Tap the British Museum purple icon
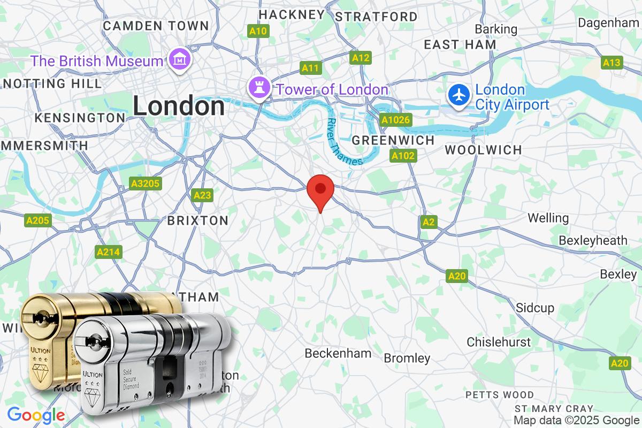click(177, 60)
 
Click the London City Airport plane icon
click(460, 96)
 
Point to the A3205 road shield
click(145, 184)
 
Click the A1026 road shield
click(395, 120)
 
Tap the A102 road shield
click(403, 156)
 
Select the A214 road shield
click(108, 251)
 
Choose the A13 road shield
click(612, 63)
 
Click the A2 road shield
click(428, 221)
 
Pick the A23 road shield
click(202, 195)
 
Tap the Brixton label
click(197, 220)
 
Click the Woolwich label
click(483, 150)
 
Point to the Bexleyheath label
click(593, 241)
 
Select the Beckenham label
click(338, 353)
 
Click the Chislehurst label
click(499, 342)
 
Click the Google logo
click(36, 415)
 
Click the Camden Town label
click(156, 25)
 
